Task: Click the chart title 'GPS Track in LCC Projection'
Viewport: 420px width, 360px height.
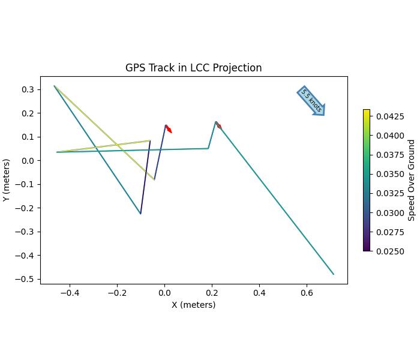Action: coord(193,68)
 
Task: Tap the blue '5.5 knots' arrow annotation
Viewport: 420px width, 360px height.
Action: coord(311,101)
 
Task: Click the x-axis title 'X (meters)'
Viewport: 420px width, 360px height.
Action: coord(193,305)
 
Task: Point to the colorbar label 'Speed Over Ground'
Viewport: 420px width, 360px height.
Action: coord(412,180)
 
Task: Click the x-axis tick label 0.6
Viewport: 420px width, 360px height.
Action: coord(307,293)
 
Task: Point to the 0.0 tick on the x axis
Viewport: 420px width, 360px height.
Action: coord(164,293)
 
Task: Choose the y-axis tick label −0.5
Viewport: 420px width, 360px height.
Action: coord(26,279)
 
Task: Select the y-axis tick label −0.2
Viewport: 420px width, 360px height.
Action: coord(26,208)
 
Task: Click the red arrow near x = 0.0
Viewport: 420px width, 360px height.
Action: coord(169,129)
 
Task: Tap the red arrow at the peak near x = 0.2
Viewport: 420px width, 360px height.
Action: coord(218,125)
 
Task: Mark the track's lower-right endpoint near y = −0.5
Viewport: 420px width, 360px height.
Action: coord(333,274)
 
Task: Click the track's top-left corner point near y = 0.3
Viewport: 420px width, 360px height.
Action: coord(55,86)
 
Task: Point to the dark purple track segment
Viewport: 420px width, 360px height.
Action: coord(145,177)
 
